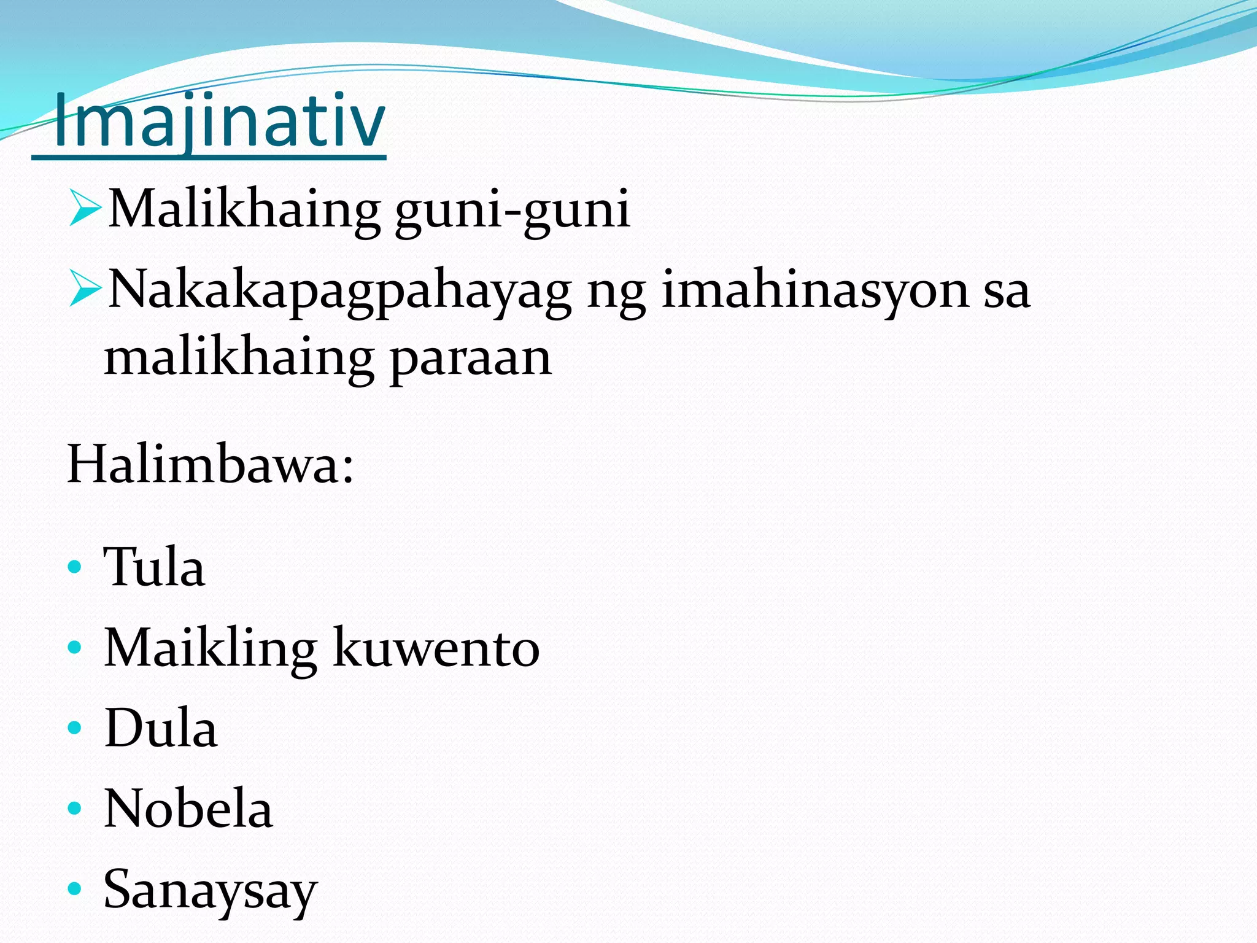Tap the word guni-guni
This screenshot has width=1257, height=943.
pyautogui.click(x=512, y=210)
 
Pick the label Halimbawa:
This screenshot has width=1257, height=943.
pyautogui.click(x=210, y=465)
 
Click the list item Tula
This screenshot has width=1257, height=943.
pyautogui.click(x=154, y=567)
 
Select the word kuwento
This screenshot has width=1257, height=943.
pyautogui.click(x=436, y=648)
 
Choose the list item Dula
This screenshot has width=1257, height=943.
pyautogui.click(x=161, y=728)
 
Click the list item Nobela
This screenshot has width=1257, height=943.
pyautogui.click(x=188, y=809)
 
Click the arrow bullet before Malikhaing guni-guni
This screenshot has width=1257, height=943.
pyautogui.click(x=85, y=208)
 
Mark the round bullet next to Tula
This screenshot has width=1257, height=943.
pyautogui.click(x=74, y=567)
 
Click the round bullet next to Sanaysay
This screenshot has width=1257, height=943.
pyautogui.click(x=74, y=888)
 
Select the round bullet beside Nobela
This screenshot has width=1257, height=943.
pyautogui.click(x=74, y=808)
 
